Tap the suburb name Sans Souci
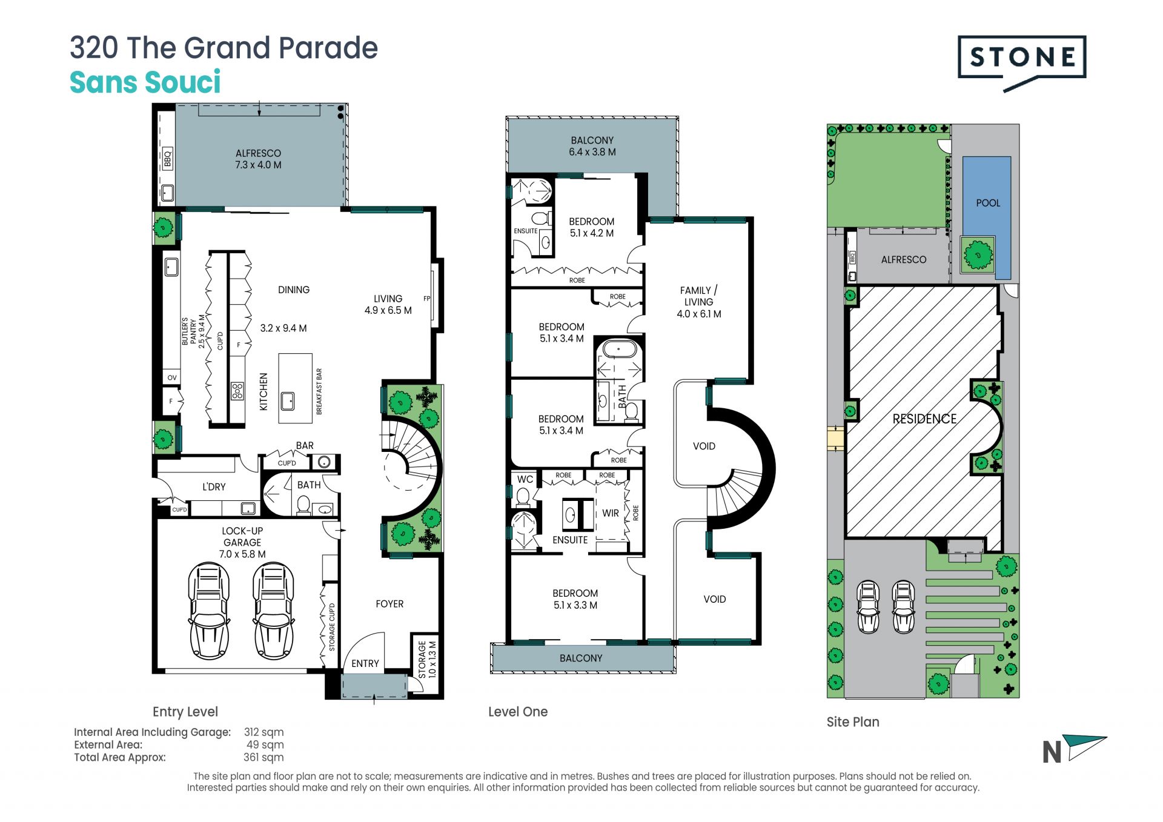click(145, 82)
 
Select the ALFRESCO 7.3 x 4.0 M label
click(259, 159)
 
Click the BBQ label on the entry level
click(168, 158)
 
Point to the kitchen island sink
click(288, 400)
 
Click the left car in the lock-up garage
click(209, 611)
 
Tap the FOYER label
click(389, 604)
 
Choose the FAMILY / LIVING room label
click(699, 302)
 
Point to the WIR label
click(611, 513)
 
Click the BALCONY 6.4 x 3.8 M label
click(592, 146)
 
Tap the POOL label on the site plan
click(988, 203)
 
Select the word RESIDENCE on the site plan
click(924, 419)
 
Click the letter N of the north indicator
click(1052, 752)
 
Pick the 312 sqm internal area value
click(263, 732)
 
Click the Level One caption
click(518, 712)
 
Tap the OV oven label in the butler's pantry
click(172, 377)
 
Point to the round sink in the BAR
click(324, 462)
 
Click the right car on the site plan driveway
click(903, 607)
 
